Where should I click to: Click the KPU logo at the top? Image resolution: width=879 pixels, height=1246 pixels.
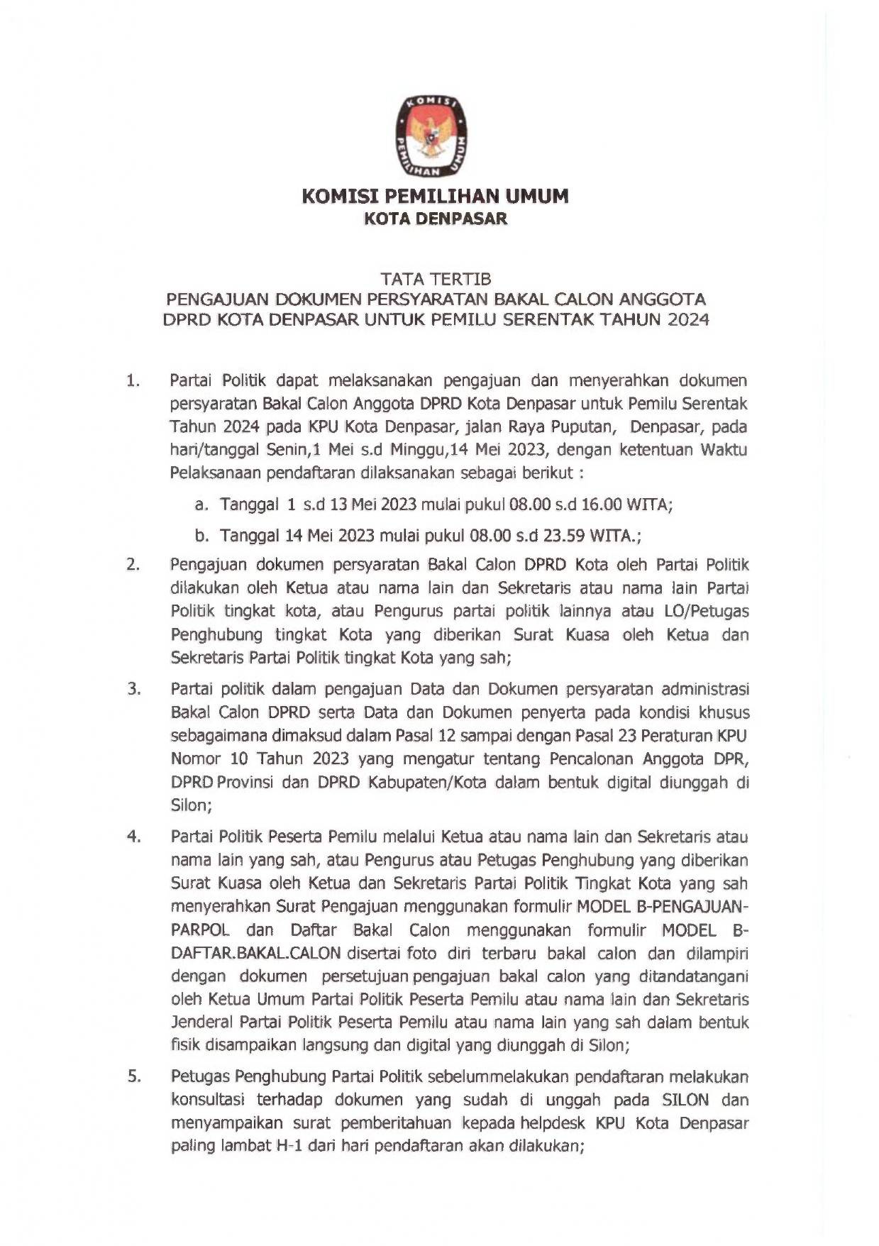tap(431, 136)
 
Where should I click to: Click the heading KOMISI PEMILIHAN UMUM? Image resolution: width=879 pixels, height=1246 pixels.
tap(435, 196)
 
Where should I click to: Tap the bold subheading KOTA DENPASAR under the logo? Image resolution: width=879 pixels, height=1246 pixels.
tap(435, 219)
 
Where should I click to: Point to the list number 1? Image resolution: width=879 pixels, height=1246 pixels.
tap(133, 381)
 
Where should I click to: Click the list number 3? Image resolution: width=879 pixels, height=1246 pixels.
tap(134, 689)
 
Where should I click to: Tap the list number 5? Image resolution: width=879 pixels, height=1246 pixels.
tap(134, 1076)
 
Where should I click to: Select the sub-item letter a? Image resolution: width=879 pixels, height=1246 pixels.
tap(201, 505)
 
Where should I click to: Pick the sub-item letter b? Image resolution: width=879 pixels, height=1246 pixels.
tap(201, 536)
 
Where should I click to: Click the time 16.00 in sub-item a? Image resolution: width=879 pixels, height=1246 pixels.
tap(602, 505)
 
